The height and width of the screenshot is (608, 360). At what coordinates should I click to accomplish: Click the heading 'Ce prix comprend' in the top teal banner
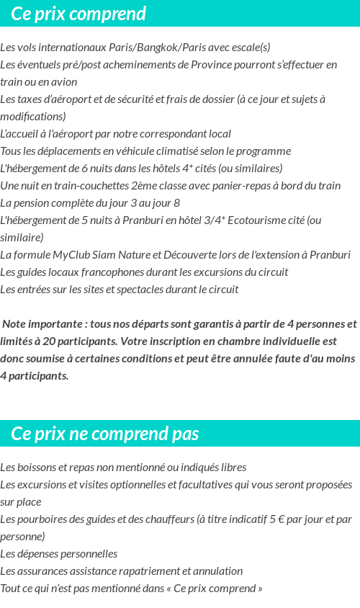point(78,14)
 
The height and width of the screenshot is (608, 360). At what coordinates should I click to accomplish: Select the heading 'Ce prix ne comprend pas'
point(105,434)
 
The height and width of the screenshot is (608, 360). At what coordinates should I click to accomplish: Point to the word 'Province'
point(212,65)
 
